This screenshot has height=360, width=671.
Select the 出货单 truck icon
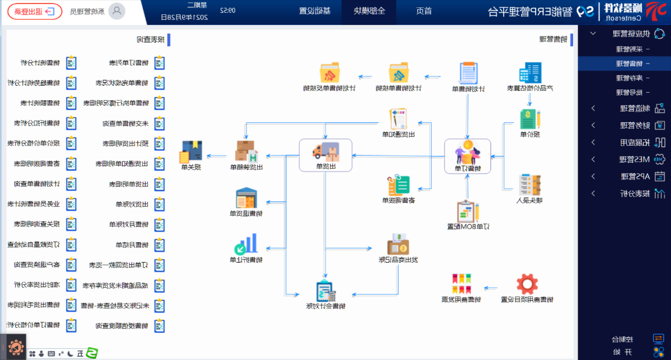point(325,151)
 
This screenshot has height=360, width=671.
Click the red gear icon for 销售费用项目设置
point(527,284)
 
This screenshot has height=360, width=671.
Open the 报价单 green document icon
point(530,119)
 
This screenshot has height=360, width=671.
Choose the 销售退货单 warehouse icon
point(246,198)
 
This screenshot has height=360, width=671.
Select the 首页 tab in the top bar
point(424,11)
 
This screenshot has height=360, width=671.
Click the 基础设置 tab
point(315,11)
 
